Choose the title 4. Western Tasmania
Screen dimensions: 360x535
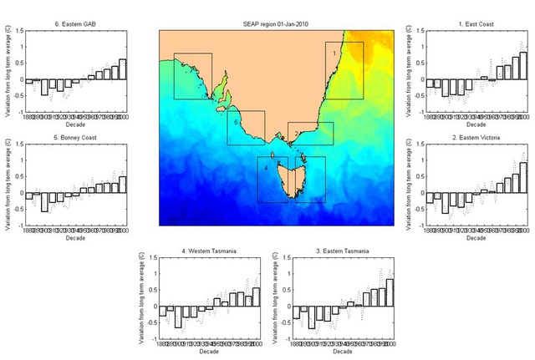point(206,251)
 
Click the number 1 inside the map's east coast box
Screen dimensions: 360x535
point(335,53)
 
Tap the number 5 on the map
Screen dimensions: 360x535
point(237,123)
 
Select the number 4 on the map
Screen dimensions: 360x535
point(266,168)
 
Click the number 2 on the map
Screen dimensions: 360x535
point(297,133)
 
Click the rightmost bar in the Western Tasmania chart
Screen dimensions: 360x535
point(256,297)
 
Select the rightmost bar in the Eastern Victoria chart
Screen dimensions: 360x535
point(523,180)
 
